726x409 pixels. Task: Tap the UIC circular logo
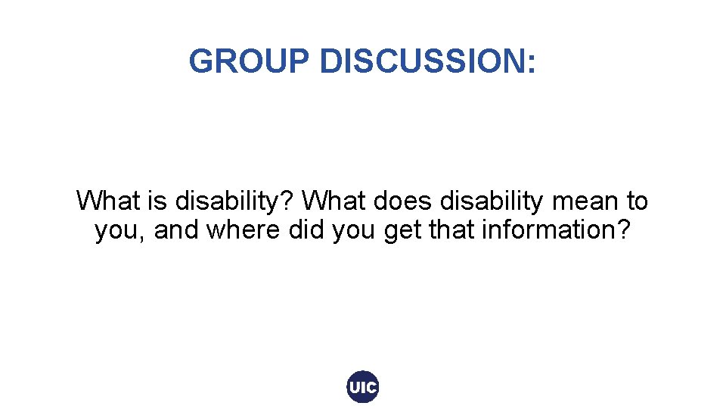click(362, 388)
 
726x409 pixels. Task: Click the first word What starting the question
click(104, 201)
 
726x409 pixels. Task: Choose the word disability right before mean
click(491, 201)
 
